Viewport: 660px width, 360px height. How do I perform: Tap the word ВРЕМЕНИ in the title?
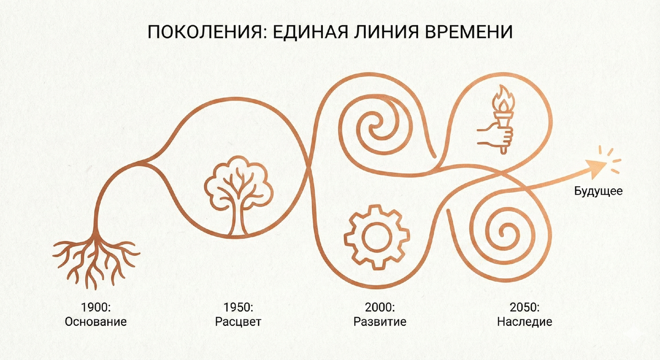click(x=468, y=32)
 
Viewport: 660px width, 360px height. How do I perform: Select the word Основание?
click(x=95, y=322)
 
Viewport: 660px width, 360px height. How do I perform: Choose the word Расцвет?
click(x=238, y=322)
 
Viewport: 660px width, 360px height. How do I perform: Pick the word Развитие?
click(x=380, y=322)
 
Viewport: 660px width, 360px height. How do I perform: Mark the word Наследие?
click(x=524, y=322)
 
